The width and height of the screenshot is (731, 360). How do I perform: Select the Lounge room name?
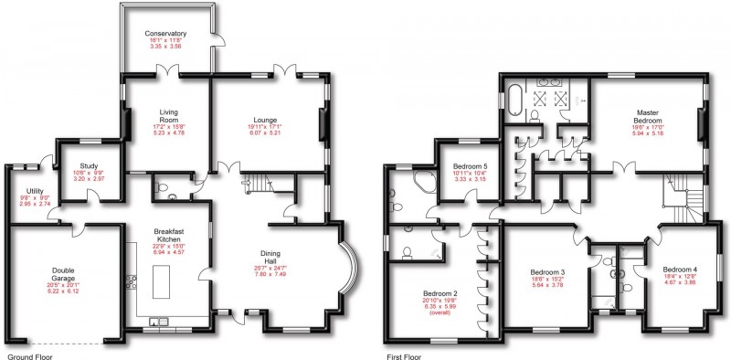[x=266, y=119]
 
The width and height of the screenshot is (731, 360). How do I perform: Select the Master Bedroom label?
[x=647, y=116]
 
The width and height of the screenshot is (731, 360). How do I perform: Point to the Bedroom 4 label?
[x=680, y=270]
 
